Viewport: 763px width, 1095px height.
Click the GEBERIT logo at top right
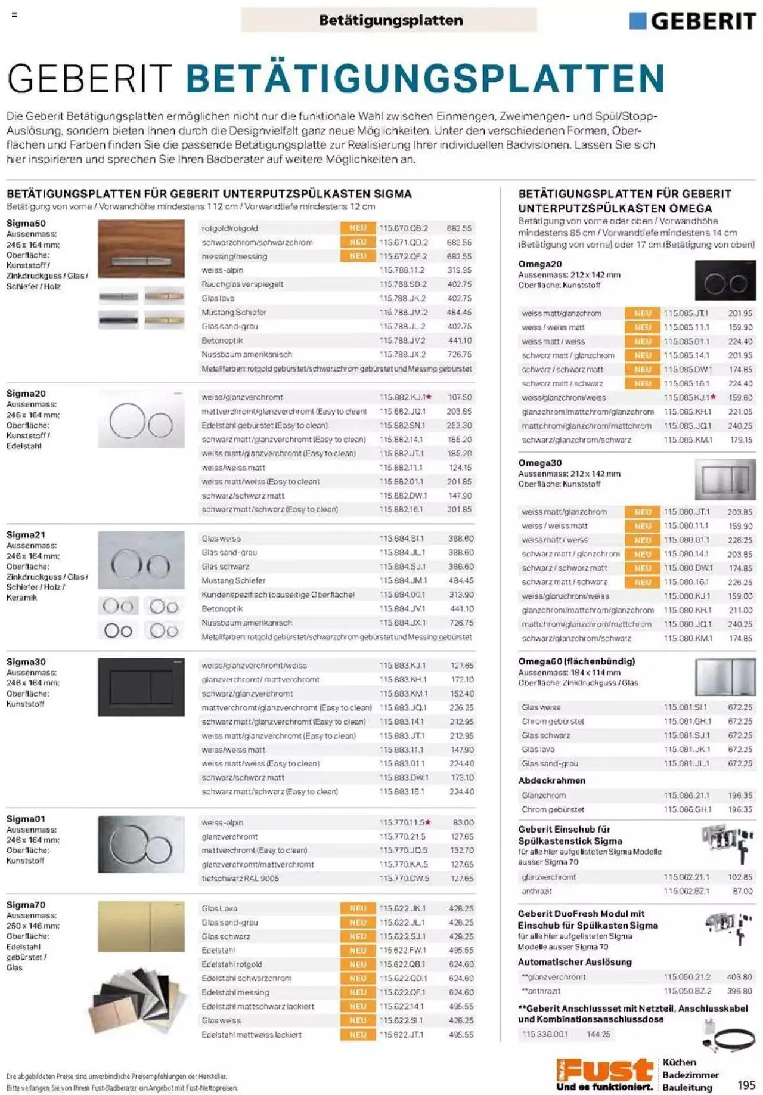pos(693,21)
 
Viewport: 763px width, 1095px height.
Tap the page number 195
pos(746,1085)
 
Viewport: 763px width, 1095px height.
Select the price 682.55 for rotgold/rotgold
pos(459,228)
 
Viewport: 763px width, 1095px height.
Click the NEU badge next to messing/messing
pos(358,256)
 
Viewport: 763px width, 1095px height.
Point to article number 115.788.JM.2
pos(403,313)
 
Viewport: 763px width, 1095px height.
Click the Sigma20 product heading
pos(26,394)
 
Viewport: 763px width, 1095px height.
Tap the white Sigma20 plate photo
pos(141,419)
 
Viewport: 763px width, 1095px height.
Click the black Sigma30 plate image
pos(141,687)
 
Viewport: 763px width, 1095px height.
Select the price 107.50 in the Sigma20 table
pos(460,397)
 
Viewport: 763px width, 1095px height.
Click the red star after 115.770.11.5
pos(429,822)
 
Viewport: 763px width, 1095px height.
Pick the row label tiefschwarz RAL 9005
pos(240,879)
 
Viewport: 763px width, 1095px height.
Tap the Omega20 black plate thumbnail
pos(725,280)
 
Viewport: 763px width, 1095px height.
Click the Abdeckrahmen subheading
pos(551,781)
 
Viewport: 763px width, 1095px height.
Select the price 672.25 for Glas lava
pos(740,750)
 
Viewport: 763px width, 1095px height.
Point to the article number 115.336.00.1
pos(545,1034)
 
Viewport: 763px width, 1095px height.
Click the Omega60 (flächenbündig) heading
pos(576,661)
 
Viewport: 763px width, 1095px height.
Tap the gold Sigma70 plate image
pos(141,926)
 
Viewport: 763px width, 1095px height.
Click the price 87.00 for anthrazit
pos(742,891)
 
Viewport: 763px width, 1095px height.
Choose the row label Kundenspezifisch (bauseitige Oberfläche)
pos(278,595)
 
